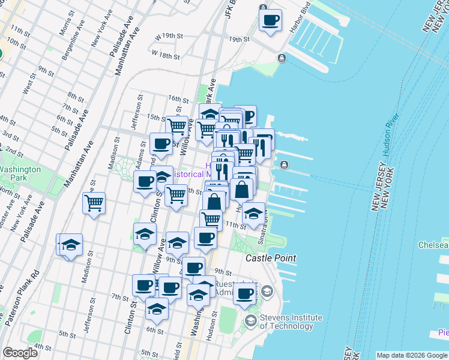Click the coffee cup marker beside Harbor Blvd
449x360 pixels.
coord(270,21)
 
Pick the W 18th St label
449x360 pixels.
coord(166,55)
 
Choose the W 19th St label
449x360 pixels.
coord(167,37)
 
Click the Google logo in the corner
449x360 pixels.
coord(20,353)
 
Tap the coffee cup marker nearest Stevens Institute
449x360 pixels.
coord(245,294)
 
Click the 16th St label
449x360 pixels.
coord(178,98)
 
